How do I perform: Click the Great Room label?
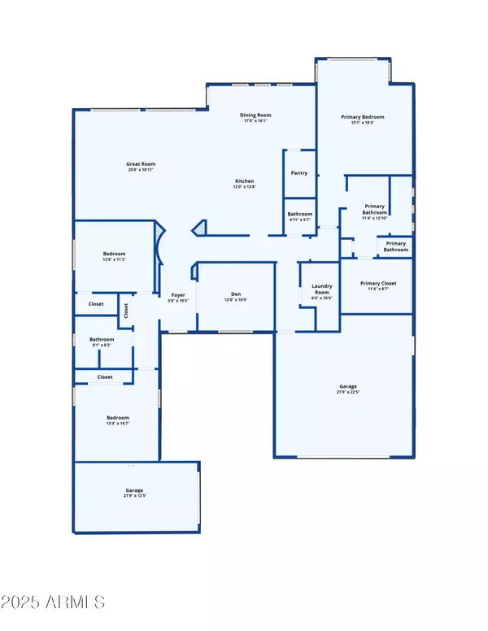coord(141,164)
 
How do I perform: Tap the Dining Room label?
coord(255,115)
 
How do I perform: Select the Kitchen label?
coord(245,181)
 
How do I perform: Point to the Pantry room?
coord(298,173)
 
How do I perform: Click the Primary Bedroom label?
coord(362,117)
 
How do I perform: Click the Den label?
coord(236,294)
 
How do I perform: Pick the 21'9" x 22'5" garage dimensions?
coord(348,392)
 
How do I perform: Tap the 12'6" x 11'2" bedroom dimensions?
coord(114,259)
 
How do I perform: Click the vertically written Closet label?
coord(126,311)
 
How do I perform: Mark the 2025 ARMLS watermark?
coord(55,603)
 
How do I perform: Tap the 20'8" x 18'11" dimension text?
coord(141,170)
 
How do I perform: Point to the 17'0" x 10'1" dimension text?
coord(255,121)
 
